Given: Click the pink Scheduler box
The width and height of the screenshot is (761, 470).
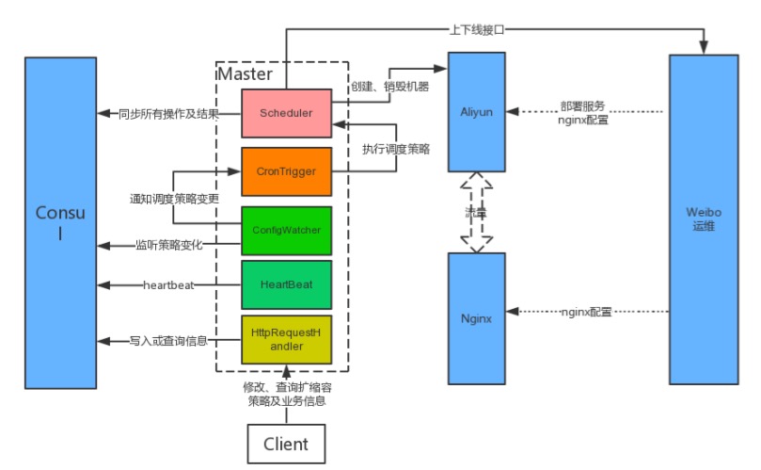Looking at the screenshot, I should point(286,113).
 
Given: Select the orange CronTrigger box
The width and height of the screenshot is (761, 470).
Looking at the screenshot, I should point(286,171).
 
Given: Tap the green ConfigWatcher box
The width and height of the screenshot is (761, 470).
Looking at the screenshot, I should point(286,230).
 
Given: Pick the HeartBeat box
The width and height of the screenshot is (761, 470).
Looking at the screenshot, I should point(286,284).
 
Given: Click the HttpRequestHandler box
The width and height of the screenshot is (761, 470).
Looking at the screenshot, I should point(286,340).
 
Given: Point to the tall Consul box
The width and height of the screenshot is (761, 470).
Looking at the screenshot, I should point(60,222).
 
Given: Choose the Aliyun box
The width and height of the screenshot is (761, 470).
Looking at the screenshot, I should point(476,112).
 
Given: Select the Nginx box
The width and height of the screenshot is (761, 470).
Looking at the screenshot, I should point(476,318).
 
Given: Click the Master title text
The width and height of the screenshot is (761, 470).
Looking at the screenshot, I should point(246,73).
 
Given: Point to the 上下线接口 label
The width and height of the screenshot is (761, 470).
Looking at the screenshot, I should point(477,29).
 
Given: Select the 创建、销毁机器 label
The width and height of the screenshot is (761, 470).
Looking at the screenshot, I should point(389,87).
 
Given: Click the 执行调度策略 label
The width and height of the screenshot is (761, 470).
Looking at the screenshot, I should point(396,149).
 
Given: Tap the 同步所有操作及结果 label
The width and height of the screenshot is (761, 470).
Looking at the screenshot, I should point(169,113).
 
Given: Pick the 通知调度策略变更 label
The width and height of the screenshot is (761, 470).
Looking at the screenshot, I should point(174,200).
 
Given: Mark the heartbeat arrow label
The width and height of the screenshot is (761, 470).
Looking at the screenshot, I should point(168,284).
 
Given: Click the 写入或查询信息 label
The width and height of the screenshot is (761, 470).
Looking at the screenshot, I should point(169,340).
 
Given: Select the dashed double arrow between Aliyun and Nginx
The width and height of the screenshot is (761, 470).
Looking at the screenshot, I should point(477,212).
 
